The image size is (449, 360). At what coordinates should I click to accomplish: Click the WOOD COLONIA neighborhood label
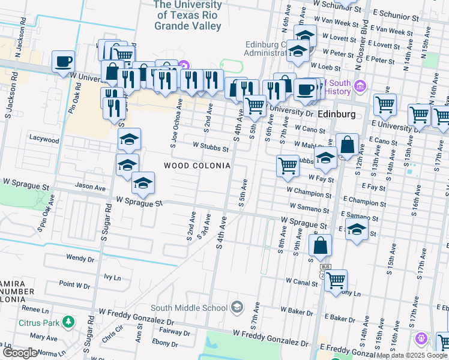pos(197,166)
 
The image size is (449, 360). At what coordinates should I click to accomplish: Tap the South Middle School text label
pos(189,308)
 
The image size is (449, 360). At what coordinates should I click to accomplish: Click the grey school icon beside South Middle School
pos(237,307)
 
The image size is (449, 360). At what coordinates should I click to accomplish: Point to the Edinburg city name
pos(337,114)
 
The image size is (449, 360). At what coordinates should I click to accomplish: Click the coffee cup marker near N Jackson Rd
pos(63,61)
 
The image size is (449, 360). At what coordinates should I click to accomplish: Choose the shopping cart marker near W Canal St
pos(336,280)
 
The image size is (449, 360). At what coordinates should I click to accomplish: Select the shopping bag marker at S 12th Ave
pos(347,145)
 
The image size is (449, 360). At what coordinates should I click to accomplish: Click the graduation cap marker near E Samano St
pos(357,230)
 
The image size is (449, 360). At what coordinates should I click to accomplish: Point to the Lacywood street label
pos(44,139)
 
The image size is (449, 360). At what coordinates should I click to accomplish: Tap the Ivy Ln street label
pos(112,277)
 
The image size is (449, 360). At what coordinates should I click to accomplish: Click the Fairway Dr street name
pos(174,331)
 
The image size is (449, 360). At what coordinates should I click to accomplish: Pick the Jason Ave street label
pos(90,187)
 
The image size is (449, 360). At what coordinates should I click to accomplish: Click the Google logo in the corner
pos(20,353)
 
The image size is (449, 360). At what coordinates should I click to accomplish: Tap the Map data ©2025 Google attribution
pos(411,355)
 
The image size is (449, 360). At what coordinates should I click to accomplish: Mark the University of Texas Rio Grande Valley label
pos(187,16)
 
